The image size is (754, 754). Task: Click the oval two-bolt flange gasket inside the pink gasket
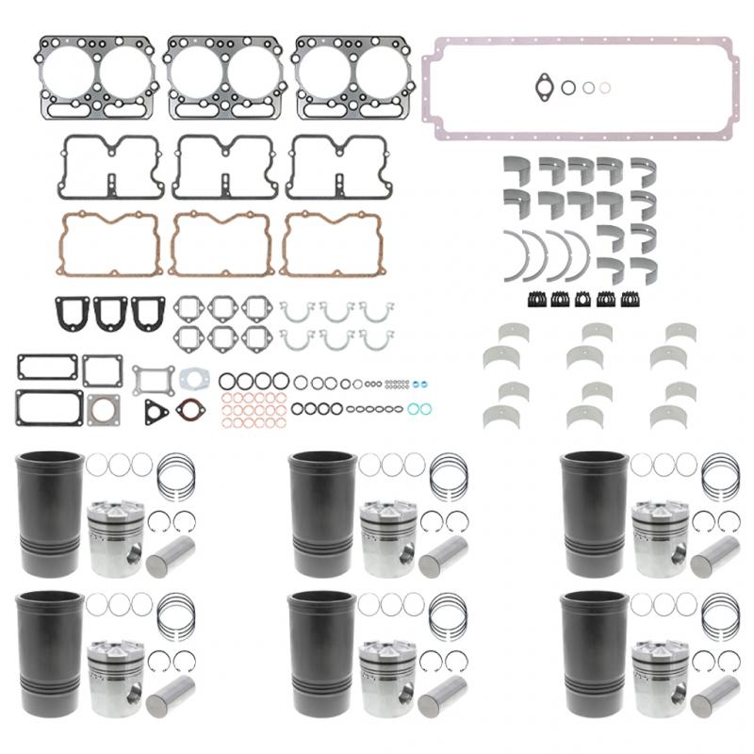[x=544, y=86]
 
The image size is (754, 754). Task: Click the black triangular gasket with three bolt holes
[x=156, y=412]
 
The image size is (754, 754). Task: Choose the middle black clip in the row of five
[x=584, y=299]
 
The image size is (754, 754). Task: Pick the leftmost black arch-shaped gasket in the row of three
[x=74, y=313]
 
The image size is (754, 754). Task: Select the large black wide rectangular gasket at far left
[x=46, y=405]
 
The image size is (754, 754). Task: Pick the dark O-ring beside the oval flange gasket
[x=568, y=87]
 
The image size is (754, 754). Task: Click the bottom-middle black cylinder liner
[x=323, y=648]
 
